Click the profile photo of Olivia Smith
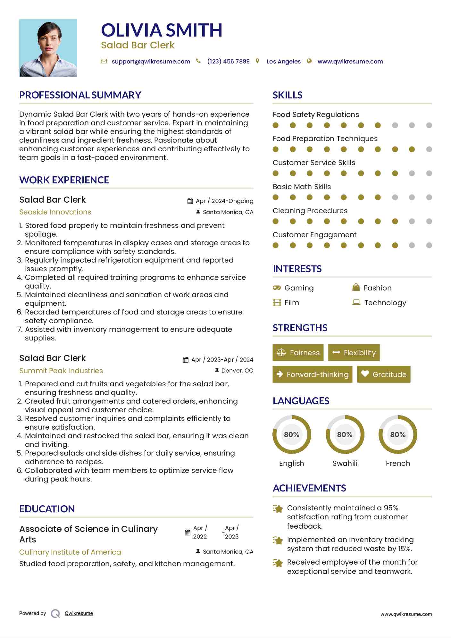click(x=48, y=48)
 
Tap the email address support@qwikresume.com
click(x=151, y=62)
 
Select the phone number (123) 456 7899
click(x=228, y=62)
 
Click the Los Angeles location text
click(x=283, y=62)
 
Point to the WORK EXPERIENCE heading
click(x=64, y=180)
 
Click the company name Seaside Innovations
click(x=55, y=212)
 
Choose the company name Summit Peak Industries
click(x=61, y=371)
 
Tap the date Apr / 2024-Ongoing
click(x=224, y=201)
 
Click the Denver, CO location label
click(x=237, y=371)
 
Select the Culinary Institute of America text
click(x=70, y=552)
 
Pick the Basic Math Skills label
click(x=302, y=187)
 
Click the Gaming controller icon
click(x=277, y=288)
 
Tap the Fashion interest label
click(x=377, y=288)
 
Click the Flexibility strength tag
click(x=354, y=353)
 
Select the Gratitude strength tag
click(x=384, y=374)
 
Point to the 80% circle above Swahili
click(x=345, y=435)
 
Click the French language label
click(x=398, y=463)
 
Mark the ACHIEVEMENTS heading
click(x=309, y=488)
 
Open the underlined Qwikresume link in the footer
click(x=79, y=613)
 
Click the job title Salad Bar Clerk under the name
click(x=138, y=45)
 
